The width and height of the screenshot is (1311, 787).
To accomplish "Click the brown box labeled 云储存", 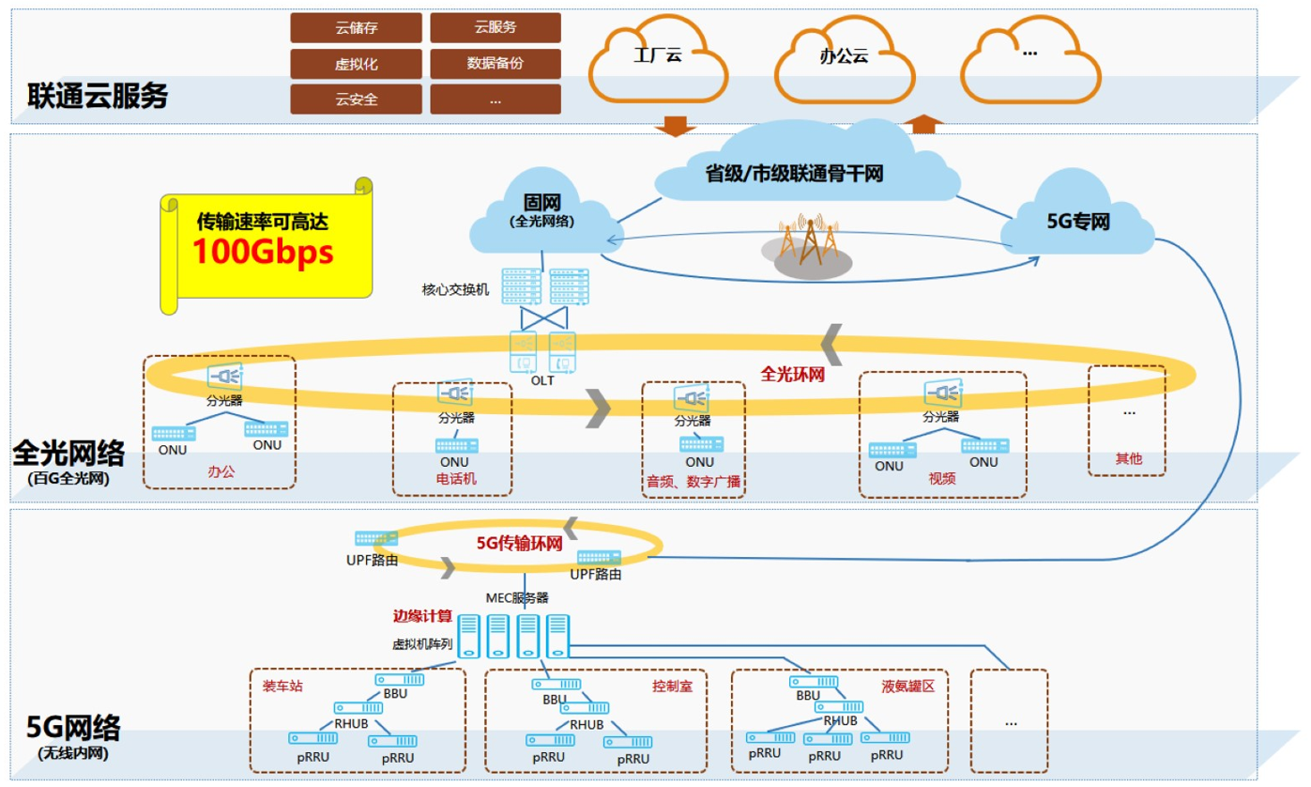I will (x=356, y=28).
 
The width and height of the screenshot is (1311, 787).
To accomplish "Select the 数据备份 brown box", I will (x=495, y=64).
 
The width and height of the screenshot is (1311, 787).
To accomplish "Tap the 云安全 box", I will (x=356, y=100).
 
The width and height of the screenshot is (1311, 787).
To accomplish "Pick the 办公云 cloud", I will (x=844, y=56).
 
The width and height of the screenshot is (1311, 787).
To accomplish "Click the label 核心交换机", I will (x=454, y=290).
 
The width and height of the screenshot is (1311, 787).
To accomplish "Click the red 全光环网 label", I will (x=792, y=374).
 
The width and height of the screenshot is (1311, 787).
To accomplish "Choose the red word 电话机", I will (x=456, y=479).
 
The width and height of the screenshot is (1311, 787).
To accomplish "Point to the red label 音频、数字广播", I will (x=694, y=481).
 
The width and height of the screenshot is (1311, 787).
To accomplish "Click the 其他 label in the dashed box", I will (x=1128, y=460).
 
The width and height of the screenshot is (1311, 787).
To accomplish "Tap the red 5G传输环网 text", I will (x=520, y=542).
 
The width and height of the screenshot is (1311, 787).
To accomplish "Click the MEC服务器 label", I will (x=516, y=597).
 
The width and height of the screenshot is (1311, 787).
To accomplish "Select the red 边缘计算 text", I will (x=421, y=617).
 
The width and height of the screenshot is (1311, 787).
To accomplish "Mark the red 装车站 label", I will (x=282, y=686).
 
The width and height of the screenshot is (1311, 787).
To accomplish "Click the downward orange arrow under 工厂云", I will (x=674, y=126).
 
